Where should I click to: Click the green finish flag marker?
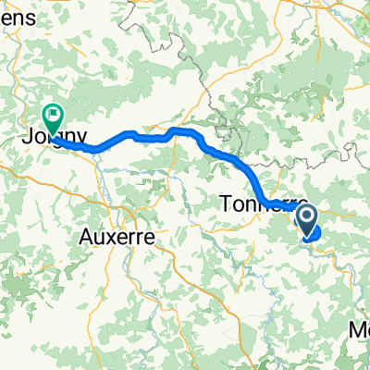point(54,117)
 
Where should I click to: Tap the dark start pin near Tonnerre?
point(305,218)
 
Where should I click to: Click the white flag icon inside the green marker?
point(54,116)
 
